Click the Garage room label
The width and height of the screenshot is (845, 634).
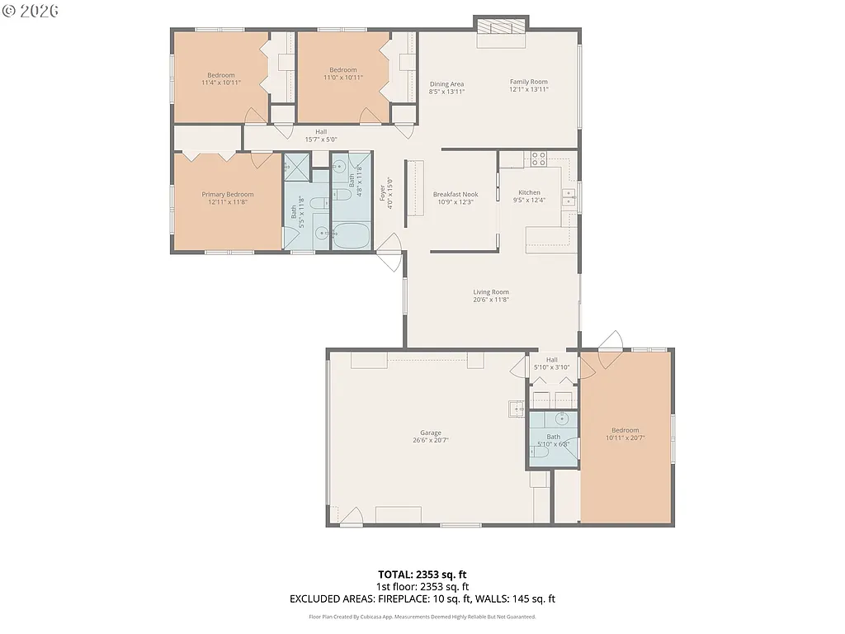pyautogui.click(x=431, y=433)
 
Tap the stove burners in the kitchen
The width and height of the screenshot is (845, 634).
pyautogui.click(x=539, y=158)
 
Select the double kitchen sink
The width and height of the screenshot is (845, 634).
pyautogui.click(x=569, y=196)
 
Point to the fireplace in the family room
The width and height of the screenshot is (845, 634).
pyautogui.click(x=501, y=26)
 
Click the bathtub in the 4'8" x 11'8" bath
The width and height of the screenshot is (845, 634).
pyautogui.click(x=352, y=235)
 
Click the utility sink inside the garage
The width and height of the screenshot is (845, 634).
pyautogui.click(x=517, y=407)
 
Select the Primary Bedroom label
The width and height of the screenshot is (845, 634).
pyautogui.click(x=228, y=195)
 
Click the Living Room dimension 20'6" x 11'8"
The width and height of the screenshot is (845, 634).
pyautogui.click(x=491, y=300)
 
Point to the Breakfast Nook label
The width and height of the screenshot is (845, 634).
pyautogui.click(x=456, y=195)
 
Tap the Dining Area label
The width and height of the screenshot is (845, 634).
pyautogui.click(x=446, y=84)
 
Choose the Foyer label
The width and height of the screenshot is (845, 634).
pyautogui.click(x=382, y=192)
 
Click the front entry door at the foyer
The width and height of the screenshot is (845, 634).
pyautogui.click(x=389, y=251)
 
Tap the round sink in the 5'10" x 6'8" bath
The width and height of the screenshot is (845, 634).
pyautogui.click(x=561, y=419)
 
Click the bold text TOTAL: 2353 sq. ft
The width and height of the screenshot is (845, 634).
pyautogui.click(x=422, y=574)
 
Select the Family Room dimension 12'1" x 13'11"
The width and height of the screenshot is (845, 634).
pyautogui.click(x=528, y=89)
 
